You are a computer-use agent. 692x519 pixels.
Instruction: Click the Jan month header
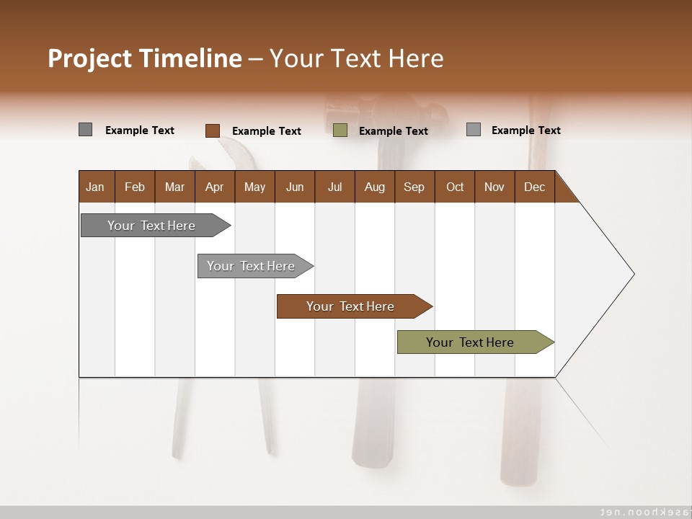[x=95, y=187]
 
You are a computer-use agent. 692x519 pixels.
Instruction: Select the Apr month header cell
[x=214, y=187]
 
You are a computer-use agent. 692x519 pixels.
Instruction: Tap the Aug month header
[x=374, y=187]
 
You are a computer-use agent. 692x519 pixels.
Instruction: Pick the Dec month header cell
[x=534, y=187]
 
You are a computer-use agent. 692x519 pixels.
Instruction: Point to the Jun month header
[x=294, y=187]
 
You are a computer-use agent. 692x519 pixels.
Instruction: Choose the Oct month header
[x=454, y=187]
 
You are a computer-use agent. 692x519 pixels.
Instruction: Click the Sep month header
[x=414, y=187]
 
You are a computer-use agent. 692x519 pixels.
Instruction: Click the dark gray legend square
[x=85, y=130]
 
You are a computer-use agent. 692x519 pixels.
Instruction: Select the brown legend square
[x=212, y=130]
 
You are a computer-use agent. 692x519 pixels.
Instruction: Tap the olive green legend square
[x=340, y=130]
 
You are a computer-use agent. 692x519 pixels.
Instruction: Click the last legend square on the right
[x=473, y=130]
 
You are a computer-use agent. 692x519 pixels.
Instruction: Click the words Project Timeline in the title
[x=144, y=58]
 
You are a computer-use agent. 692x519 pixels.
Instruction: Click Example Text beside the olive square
[x=393, y=131]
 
